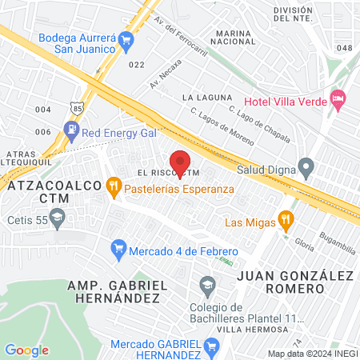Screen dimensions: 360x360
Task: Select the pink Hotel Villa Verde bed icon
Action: tap(338, 98)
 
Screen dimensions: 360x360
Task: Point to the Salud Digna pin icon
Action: tap(306, 168)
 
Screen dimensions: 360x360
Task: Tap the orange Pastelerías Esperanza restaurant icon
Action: tap(114, 189)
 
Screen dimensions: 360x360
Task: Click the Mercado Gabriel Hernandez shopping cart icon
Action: tap(212, 346)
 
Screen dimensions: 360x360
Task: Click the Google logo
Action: tap(26, 350)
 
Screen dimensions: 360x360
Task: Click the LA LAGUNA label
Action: tap(201, 98)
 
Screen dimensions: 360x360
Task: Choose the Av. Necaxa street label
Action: tap(166, 73)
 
